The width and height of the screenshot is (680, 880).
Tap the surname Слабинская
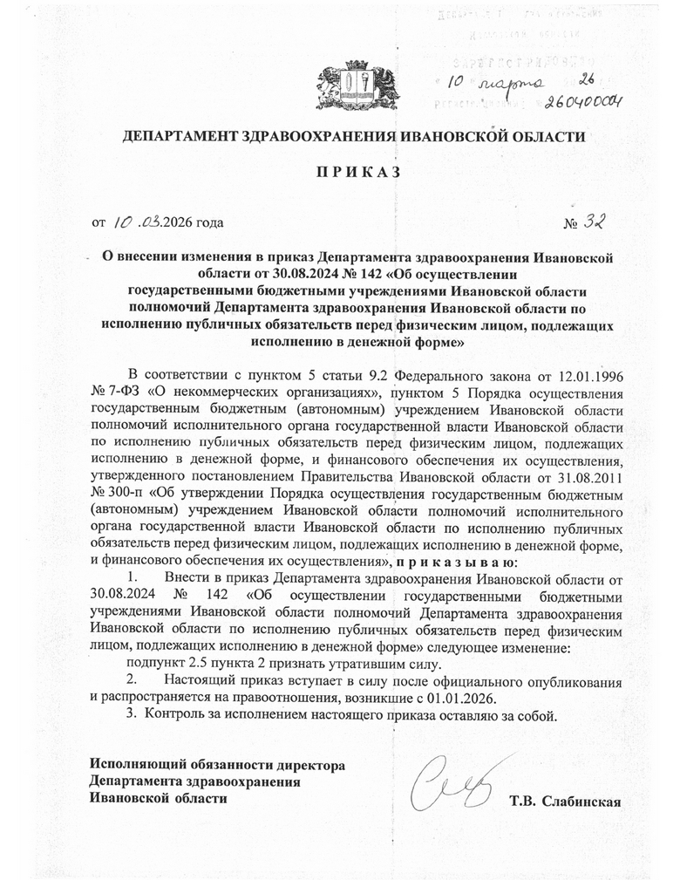coord(581,800)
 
